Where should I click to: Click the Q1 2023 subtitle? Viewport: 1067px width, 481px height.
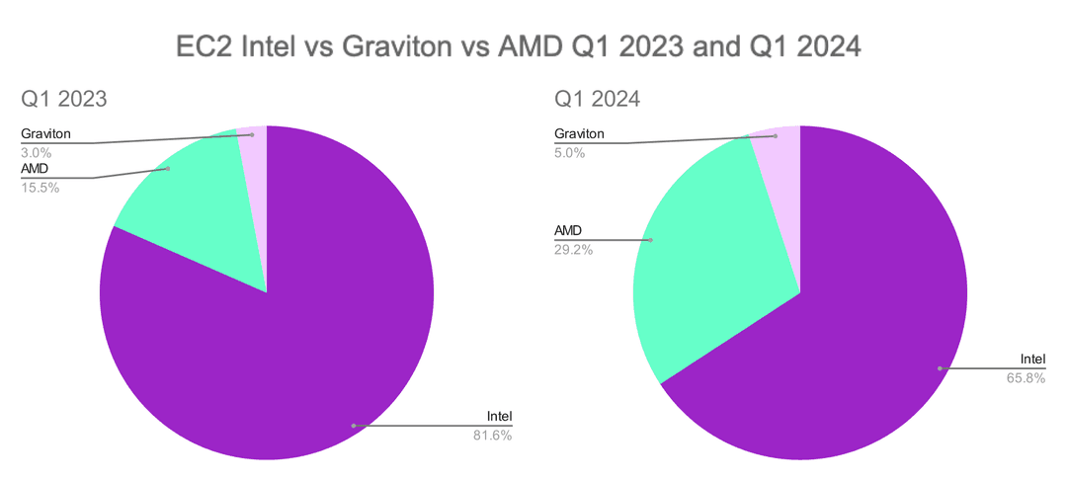click(64, 99)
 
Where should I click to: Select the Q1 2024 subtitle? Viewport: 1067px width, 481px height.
click(597, 99)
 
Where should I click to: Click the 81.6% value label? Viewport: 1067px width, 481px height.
click(493, 435)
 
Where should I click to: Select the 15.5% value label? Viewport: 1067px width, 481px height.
click(40, 187)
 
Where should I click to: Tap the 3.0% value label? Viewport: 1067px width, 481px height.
click(36, 152)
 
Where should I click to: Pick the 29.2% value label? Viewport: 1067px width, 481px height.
click(573, 250)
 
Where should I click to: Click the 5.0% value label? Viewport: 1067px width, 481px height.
click(569, 152)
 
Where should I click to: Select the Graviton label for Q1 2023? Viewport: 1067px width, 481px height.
click(45, 134)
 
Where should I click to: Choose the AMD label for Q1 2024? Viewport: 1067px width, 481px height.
click(568, 231)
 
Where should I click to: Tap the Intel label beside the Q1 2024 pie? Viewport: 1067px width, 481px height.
click(1031, 360)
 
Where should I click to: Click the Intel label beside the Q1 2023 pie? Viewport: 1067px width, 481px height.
click(499, 416)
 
